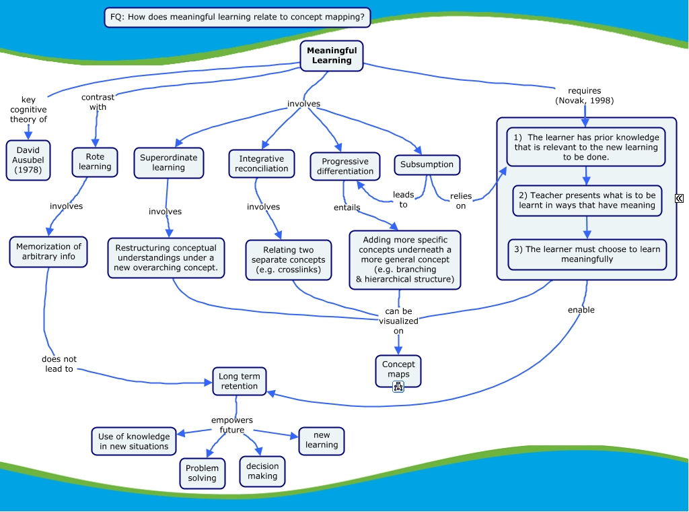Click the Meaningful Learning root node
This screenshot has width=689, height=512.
[x=332, y=55]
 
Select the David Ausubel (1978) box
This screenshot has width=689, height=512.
[x=28, y=160]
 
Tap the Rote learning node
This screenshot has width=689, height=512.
[x=95, y=162]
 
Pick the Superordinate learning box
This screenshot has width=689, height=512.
[x=168, y=162]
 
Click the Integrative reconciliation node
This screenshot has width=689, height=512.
[x=261, y=164]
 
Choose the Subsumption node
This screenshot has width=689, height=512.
[x=427, y=164]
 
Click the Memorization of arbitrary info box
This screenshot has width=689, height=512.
[x=48, y=251]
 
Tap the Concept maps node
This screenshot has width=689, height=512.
[x=398, y=369]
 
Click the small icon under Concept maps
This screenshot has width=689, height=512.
[x=398, y=386]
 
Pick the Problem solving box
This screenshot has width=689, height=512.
[x=202, y=473]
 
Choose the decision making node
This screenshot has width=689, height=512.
[x=262, y=471]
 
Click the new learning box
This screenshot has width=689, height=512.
[x=322, y=440]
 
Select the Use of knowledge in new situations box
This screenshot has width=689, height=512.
[x=134, y=441]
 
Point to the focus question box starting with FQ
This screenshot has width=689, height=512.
[x=238, y=17]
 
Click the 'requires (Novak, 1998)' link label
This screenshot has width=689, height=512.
[x=584, y=96]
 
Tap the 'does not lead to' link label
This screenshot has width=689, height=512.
[x=59, y=364]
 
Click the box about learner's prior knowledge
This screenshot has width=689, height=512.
[x=585, y=147]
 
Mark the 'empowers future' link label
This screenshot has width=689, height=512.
[x=232, y=425]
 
